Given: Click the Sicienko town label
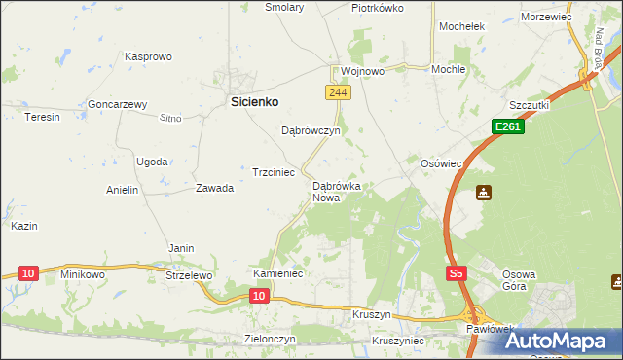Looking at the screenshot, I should [254, 100].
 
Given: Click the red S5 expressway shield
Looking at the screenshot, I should [457, 275].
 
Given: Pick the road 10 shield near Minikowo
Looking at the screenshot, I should [28, 274].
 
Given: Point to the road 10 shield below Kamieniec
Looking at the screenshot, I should [259, 295].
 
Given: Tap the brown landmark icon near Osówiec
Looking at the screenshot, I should [484, 193].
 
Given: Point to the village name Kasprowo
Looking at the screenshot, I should [148, 57].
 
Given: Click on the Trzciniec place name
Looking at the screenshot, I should [274, 172].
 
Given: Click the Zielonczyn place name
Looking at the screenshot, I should [269, 340].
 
